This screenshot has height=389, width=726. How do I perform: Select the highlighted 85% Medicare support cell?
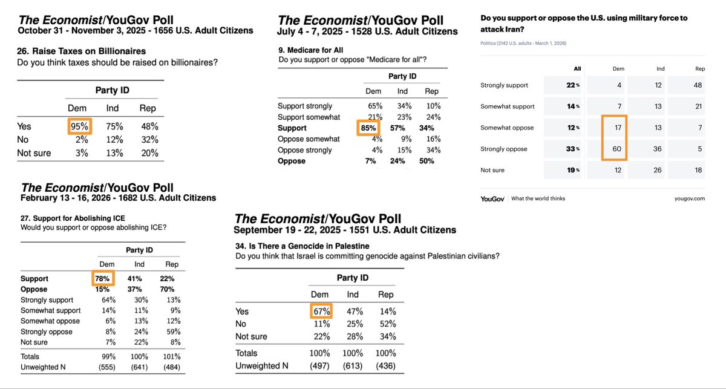click(367, 128)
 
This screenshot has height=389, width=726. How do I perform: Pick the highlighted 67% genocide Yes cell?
click(321, 311)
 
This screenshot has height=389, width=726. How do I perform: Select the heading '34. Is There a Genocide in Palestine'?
click(302, 246)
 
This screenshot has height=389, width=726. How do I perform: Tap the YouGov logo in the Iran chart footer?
click(492, 198)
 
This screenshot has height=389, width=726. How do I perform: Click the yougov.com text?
click(690, 198)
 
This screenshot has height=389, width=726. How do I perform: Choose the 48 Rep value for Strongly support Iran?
click(698, 85)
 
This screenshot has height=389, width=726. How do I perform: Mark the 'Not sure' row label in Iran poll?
click(492, 171)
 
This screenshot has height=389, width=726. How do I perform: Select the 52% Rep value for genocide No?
click(385, 324)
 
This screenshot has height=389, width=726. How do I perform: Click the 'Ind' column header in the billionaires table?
click(113, 108)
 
